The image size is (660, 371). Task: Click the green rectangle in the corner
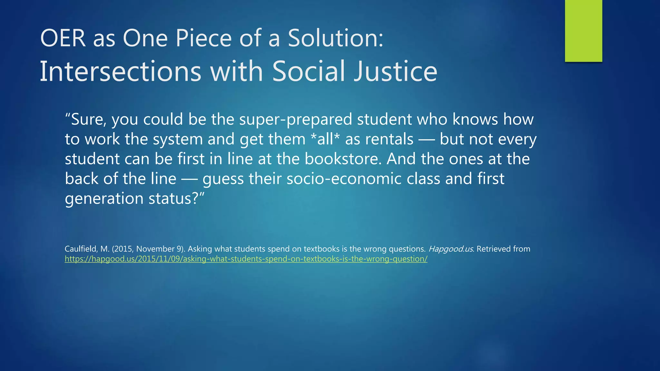(x=583, y=31)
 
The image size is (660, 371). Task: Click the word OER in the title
(x=63, y=38)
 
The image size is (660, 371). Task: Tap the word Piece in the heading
(x=203, y=38)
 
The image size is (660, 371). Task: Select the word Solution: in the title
(x=335, y=38)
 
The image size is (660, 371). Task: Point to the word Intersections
(x=120, y=71)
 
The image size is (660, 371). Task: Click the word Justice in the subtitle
(x=396, y=71)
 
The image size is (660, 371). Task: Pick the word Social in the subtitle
(x=309, y=71)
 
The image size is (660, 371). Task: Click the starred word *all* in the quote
(x=325, y=139)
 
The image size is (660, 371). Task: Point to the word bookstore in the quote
(x=343, y=159)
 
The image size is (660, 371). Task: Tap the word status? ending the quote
(x=176, y=199)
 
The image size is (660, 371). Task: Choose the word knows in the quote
(x=475, y=119)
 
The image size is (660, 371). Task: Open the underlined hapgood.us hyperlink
(x=246, y=259)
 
